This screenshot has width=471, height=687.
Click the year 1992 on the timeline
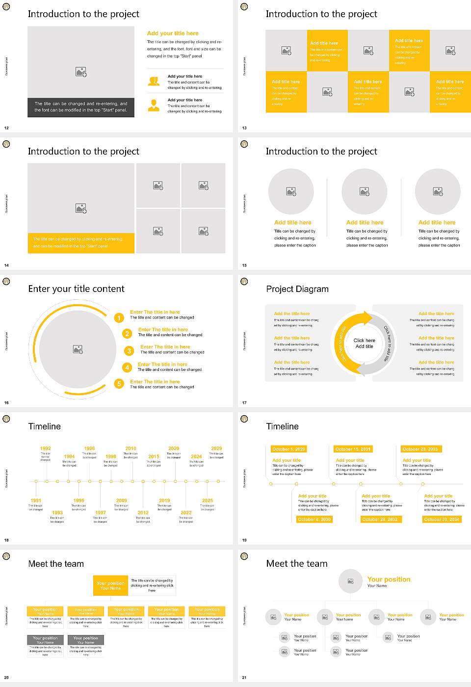tap(45, 448)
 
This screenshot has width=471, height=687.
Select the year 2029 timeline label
tap(216, 448)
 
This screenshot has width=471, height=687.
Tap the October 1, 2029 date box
tap(288, 449)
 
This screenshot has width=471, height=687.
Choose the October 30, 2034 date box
tap(441, 519)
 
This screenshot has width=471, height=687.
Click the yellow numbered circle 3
tap(129, 351)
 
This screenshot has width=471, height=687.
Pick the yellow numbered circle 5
tap(119, 384)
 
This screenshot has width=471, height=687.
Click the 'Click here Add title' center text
tap(364, 343)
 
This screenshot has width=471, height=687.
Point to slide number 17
tap(244, 403)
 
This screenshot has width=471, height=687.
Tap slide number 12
tap(6, 128)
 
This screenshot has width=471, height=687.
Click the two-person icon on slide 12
tap(154, 81)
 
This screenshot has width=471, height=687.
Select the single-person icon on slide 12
tap(154, 105)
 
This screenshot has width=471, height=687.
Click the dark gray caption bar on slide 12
tap(81, 107)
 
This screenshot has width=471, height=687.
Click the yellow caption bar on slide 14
tap(81, 243)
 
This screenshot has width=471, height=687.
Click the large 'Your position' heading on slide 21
tap(389, 579)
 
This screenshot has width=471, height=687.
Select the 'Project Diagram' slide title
tap(297, 289)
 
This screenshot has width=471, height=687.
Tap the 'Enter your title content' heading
tap(76, 289)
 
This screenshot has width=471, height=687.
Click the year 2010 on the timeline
tap(131, 448)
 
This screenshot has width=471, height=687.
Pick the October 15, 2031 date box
tap(352, 449)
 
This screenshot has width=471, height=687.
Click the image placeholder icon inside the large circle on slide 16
tap(78, 349)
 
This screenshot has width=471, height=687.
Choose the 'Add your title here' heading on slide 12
tap(173, 33)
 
